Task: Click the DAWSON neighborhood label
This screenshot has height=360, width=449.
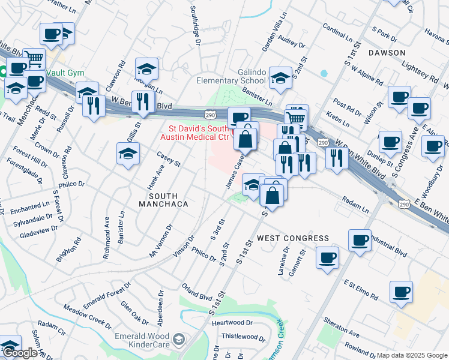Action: point(387,53)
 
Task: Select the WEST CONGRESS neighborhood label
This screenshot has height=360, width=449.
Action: point(293,238)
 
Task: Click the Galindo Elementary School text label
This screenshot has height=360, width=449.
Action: point(231,76)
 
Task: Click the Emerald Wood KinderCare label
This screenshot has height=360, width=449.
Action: point(142,341)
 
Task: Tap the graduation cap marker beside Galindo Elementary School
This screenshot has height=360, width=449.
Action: point(279,77)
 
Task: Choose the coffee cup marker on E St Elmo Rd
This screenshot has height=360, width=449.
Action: point(400,292)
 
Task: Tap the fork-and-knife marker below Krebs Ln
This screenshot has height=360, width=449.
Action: point(336,158)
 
